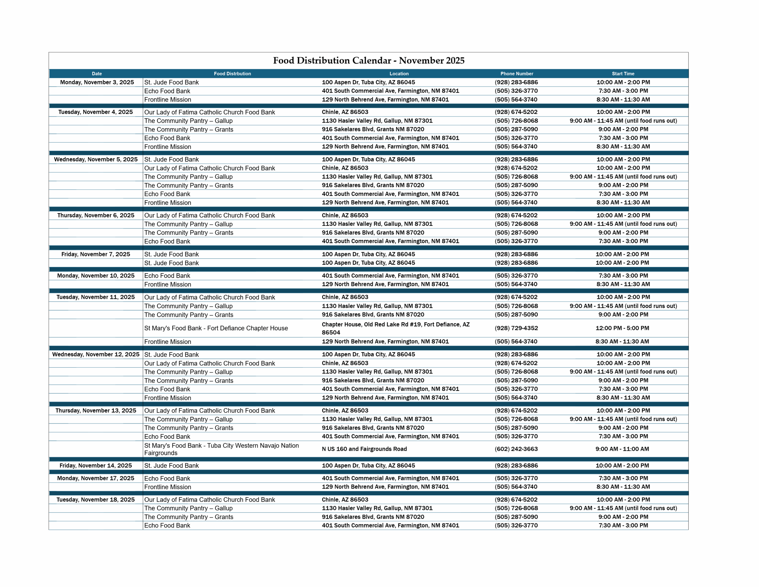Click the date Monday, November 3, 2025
tap(97, 83)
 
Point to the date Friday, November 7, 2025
tap(95, 254)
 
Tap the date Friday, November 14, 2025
tap(95, 466)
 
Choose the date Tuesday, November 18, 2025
tap(95, 500)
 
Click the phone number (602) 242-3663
tap(516, 449)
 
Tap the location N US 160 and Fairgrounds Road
tap(364, 449)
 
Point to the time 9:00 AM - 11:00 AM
tap(622, 449)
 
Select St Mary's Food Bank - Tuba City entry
tap(221, 449)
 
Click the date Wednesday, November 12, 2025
tap(95, 355)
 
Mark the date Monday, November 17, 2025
tap(95, 478)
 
